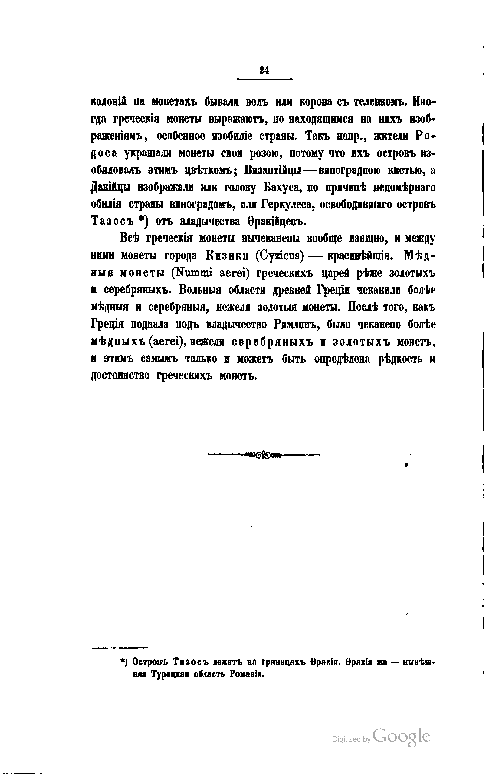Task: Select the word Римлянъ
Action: coord(296,325)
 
